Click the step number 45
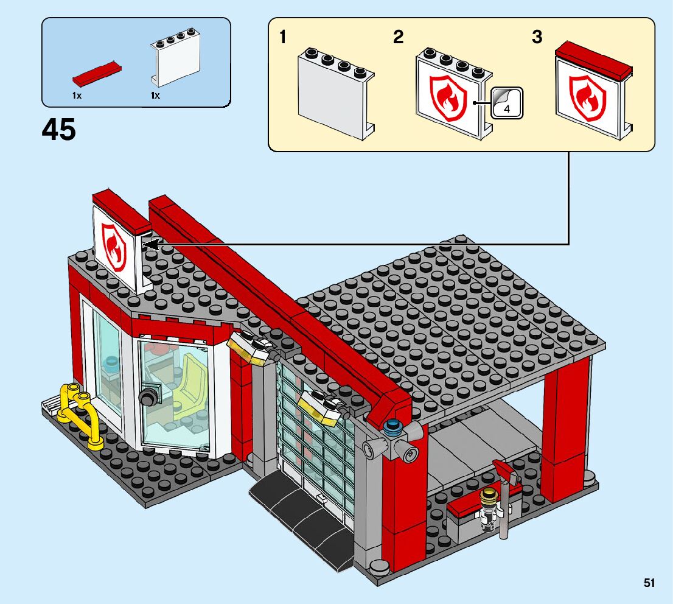pos(59,130)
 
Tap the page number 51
pos(649,583)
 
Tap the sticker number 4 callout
pos(506,102)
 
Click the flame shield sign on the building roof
pos(114,246)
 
